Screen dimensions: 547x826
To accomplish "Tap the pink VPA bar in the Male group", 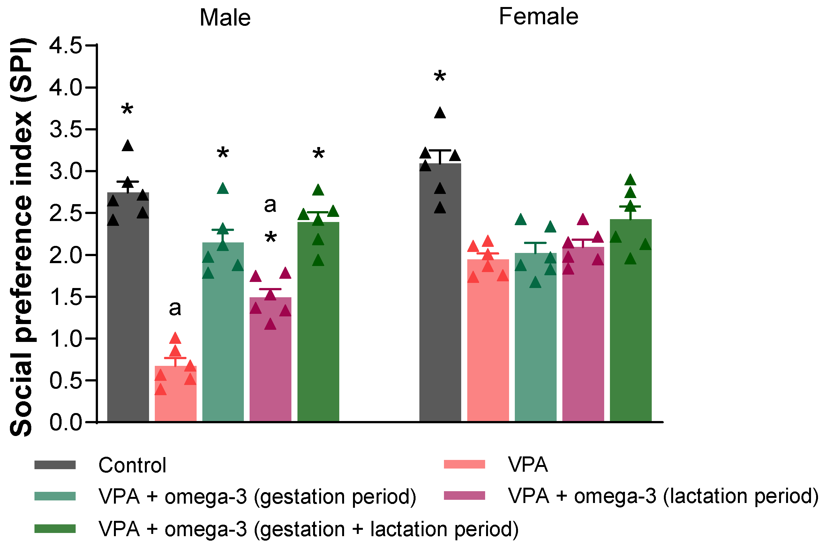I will click(175, 394).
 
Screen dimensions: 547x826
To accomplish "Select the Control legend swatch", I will click(55, 465).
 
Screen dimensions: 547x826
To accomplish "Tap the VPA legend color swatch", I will click(464, 464).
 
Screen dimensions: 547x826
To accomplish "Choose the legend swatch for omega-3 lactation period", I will click(464, 496).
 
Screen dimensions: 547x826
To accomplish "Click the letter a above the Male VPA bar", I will click(175, 308).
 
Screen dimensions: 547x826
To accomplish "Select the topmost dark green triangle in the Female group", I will click(630, 180).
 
